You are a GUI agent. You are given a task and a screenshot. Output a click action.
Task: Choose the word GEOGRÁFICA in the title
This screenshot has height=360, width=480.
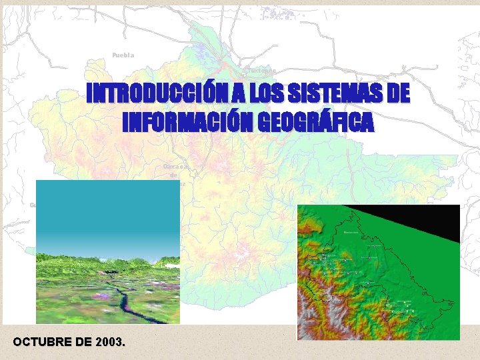click(x=315, y=122)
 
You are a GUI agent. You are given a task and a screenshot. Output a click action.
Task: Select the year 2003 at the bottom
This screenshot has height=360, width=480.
click(x=109, y=342)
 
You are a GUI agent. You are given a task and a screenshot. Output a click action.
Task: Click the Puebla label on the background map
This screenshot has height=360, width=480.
click(x=123, y=55)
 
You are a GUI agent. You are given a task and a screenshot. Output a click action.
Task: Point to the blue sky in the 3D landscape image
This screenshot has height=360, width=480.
click(x=107, y=207)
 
